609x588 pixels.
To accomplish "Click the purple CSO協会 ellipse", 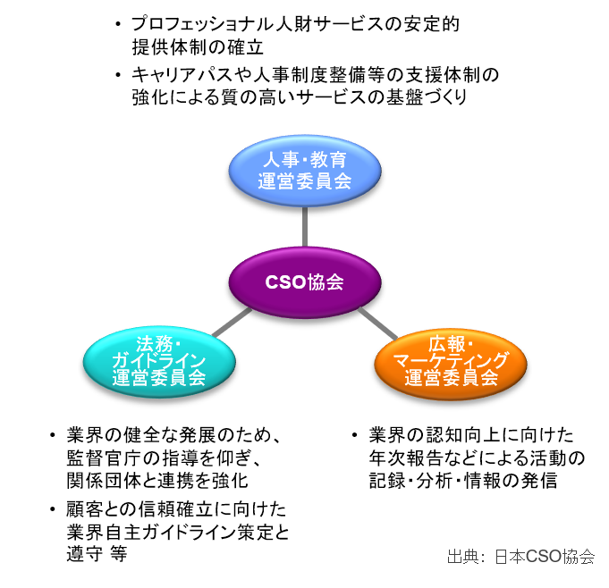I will click(x=304, y=282).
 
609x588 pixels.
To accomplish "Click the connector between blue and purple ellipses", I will click(x=304, y=226).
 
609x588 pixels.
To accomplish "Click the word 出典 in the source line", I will click(x=461, y=556).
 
